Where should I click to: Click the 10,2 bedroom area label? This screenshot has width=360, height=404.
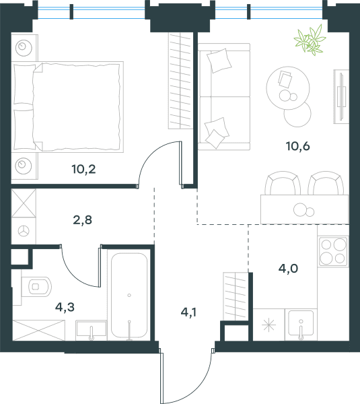[x=83, y=169]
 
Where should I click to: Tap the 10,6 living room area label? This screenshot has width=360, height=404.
[x=297, y=146]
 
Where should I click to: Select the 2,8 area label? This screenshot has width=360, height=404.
[x=82, y=220]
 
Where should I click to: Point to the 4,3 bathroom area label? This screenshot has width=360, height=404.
[x=65, y=307]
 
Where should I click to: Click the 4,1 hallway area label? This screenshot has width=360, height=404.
[x=188, y=312]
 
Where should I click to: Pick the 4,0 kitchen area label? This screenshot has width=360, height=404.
[x=288, y=268]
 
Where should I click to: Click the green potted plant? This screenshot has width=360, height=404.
[x=310, y=40]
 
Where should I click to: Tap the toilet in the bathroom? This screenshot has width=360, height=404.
[x=36, y=287]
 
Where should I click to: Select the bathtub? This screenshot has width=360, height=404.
[x=129, y=296]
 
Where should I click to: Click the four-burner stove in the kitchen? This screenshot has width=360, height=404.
[x=333, y=251]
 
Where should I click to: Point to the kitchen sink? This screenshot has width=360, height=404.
[x=301, y=325]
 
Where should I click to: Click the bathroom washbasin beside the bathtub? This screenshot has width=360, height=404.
[x=91, y=330]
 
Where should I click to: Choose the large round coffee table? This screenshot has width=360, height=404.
[x=288, y=88]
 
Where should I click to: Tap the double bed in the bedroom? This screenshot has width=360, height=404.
[x=67, y=106]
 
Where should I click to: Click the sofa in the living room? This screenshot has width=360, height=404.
[x=224, y=96]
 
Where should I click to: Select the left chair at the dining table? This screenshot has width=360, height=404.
[x=283, y=183]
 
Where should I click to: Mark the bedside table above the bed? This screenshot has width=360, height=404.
[x=24, y=47]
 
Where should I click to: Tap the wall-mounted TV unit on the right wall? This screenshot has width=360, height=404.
[x=341, y=96]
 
